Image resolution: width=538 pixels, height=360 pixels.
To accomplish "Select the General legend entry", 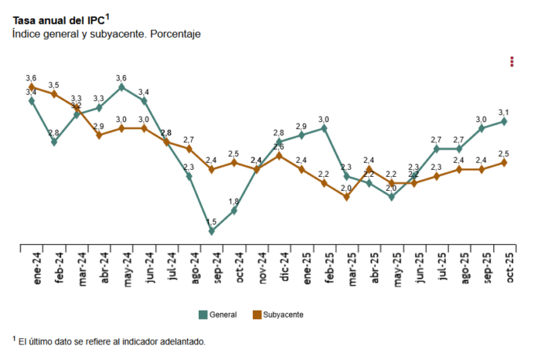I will click(x=218, y=314).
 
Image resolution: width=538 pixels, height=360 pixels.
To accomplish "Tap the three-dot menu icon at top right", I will click(x=512, y=62).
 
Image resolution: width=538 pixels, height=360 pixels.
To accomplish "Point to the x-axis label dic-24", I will click(x=284, y=269).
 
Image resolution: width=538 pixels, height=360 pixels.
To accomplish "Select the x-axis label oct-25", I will click(x=510, y=269).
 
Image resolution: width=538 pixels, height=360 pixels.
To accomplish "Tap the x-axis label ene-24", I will click(x=36, y=269).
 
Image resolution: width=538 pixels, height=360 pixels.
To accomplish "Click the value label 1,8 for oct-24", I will click(x=234, y=202).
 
